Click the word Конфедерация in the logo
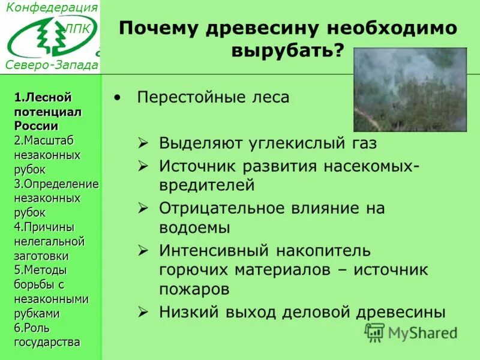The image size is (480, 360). pos(52,8)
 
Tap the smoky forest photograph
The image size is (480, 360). pos(410,90)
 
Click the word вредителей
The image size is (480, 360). pos(207,185)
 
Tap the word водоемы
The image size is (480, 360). pos(194,228)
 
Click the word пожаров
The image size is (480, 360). pos(194,290)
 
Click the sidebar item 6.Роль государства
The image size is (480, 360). pos(47,335)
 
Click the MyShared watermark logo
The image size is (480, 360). pos(411,332)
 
